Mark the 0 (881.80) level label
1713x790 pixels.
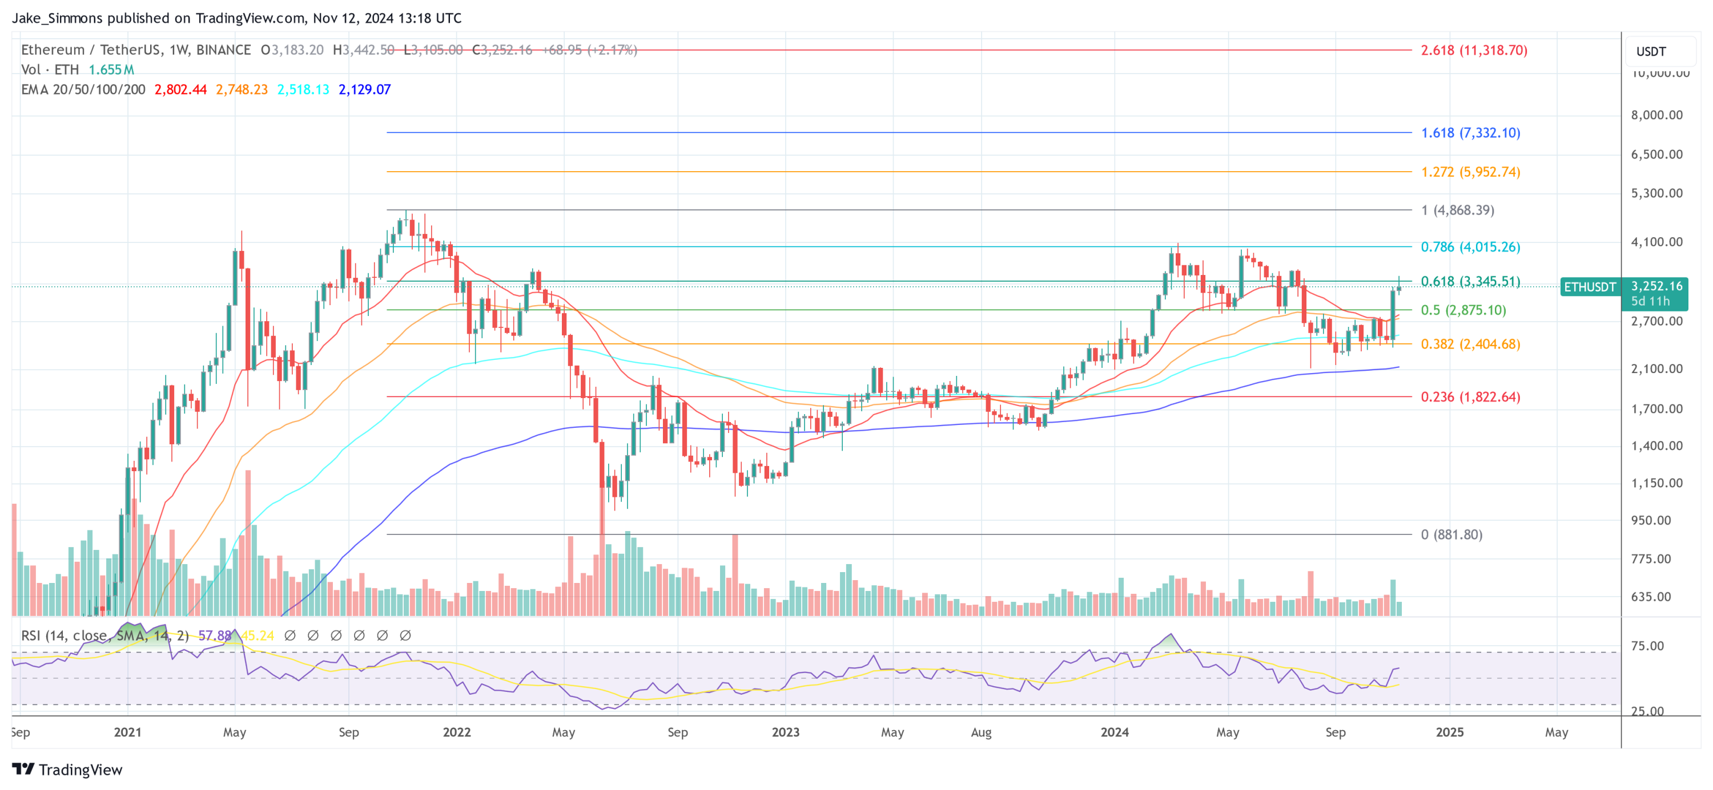[x=1451, y=534]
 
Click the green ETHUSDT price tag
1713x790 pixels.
[x=1589, y=287]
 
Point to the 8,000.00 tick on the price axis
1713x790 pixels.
[x=1656, y=115]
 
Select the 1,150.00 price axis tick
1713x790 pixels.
[x=1656, y=483]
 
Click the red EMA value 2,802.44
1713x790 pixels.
[x=180, y=89]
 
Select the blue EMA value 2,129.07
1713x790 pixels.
[x=364, y=89]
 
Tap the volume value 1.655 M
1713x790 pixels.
[x=111, y=69]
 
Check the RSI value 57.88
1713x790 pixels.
[x=214, y=635]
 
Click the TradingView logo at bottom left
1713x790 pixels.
[x=67, y=769]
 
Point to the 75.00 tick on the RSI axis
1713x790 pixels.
[x=1647, y=646]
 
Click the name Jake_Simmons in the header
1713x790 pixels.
[x=57, y=18]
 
